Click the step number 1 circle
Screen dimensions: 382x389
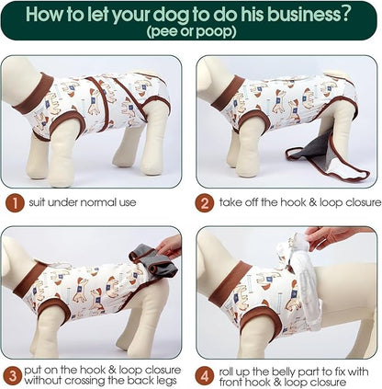point(15,203)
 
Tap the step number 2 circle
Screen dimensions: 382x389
point(204,203)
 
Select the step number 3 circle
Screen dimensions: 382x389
point(13,376)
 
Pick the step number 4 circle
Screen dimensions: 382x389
point(204,376)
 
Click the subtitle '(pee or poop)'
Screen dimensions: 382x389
point(191,32)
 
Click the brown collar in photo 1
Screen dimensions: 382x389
point(34,94)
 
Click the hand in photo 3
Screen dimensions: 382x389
point(169,246)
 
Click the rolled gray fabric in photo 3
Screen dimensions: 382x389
point(154,260)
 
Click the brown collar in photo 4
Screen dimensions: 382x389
point(227,284)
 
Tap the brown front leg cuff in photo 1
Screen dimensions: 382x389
point(68,121)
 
